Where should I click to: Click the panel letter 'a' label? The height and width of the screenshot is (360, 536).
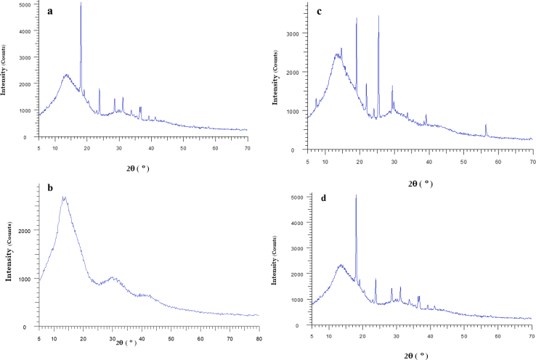(50, 12)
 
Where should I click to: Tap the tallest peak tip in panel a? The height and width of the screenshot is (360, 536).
(81, 4)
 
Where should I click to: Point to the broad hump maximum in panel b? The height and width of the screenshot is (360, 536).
(64, 197)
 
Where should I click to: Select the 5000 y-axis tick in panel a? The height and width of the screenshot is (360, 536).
(26, 5)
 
